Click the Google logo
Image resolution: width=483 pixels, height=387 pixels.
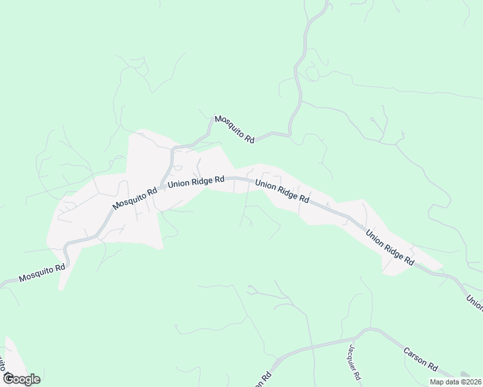pos(21,379)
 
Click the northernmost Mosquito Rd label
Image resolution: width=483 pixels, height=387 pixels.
pos(234,129)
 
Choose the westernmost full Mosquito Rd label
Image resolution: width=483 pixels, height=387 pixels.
pos(43,273)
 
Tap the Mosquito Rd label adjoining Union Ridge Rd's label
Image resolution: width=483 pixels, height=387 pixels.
pos(135,199)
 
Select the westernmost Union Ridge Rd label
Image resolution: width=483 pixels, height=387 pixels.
pos(196,183)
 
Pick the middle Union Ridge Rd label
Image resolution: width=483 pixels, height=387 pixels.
pos(282,192)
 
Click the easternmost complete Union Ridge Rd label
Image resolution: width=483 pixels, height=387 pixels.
pos(390,248)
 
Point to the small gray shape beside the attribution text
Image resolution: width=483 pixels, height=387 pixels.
pos(466,373)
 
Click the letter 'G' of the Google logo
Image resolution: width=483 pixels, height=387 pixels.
pos(8,379)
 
